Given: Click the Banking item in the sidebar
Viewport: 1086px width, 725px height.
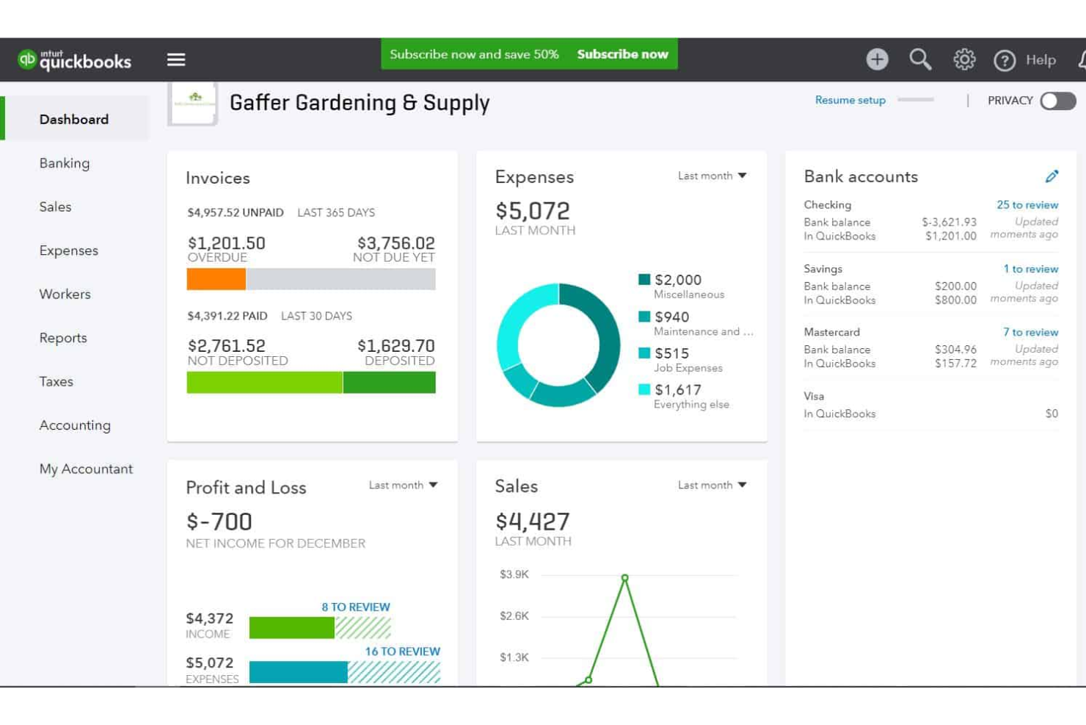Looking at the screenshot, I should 65,163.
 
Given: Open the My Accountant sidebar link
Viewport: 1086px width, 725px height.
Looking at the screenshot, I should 86,469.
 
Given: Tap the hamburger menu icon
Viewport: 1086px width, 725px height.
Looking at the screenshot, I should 176,59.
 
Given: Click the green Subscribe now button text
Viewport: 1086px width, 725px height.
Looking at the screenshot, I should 622,54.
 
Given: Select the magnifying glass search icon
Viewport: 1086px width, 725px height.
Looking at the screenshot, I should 920,59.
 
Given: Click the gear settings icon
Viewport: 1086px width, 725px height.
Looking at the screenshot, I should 964,59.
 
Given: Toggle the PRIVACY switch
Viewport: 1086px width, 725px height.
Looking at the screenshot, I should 1057,101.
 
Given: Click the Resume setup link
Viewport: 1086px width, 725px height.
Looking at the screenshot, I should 850,100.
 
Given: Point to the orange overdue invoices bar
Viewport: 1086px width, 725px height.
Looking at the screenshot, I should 216,279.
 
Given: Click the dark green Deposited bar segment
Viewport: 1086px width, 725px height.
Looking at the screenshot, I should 389,383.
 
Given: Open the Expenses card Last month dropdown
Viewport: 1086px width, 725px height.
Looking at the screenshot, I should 712,176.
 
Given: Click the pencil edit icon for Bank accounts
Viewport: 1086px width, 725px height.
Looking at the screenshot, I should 1052,176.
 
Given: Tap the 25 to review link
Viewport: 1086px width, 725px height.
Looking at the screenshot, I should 1027,205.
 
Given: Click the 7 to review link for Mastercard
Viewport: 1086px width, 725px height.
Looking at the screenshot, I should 1030,332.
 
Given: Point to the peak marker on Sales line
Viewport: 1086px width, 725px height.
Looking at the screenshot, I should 624,578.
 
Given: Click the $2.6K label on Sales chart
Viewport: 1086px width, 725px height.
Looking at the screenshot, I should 514,616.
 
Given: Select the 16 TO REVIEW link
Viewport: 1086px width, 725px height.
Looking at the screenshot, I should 402,652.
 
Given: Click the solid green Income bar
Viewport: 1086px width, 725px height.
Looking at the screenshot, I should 291,627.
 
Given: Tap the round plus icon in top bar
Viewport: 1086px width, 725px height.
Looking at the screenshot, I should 877,59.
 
